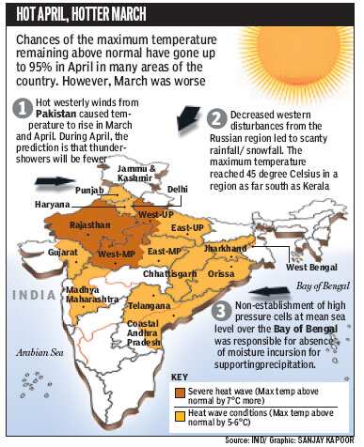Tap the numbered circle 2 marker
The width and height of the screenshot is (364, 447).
coord(217,119)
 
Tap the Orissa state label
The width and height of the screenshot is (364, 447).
coord(222,273)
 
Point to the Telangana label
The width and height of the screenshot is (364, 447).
coord(150,306)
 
